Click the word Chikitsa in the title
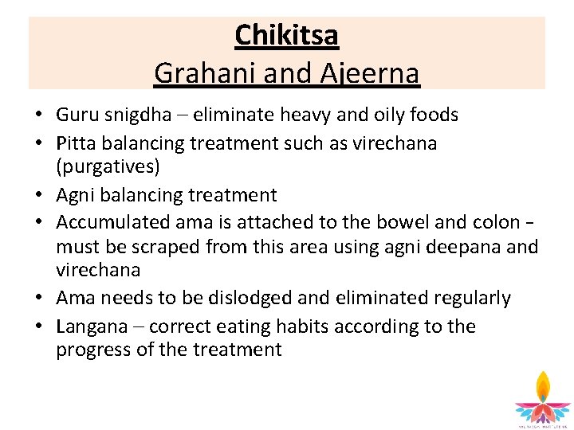(x=287, y=35)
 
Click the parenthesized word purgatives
(x=108, y=166)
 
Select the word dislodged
(x=243, y=299)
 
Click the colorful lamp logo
(x=542, y=398)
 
